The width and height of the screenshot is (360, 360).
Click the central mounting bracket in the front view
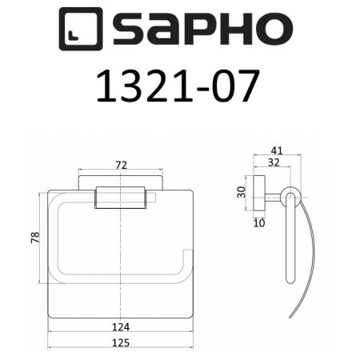pyautogui.click(x=121, y=197)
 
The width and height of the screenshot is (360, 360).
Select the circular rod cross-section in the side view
pyautogui.click(x=290, y=196)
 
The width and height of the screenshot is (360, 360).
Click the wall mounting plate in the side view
pyautogui.click(x=258, y=195)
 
